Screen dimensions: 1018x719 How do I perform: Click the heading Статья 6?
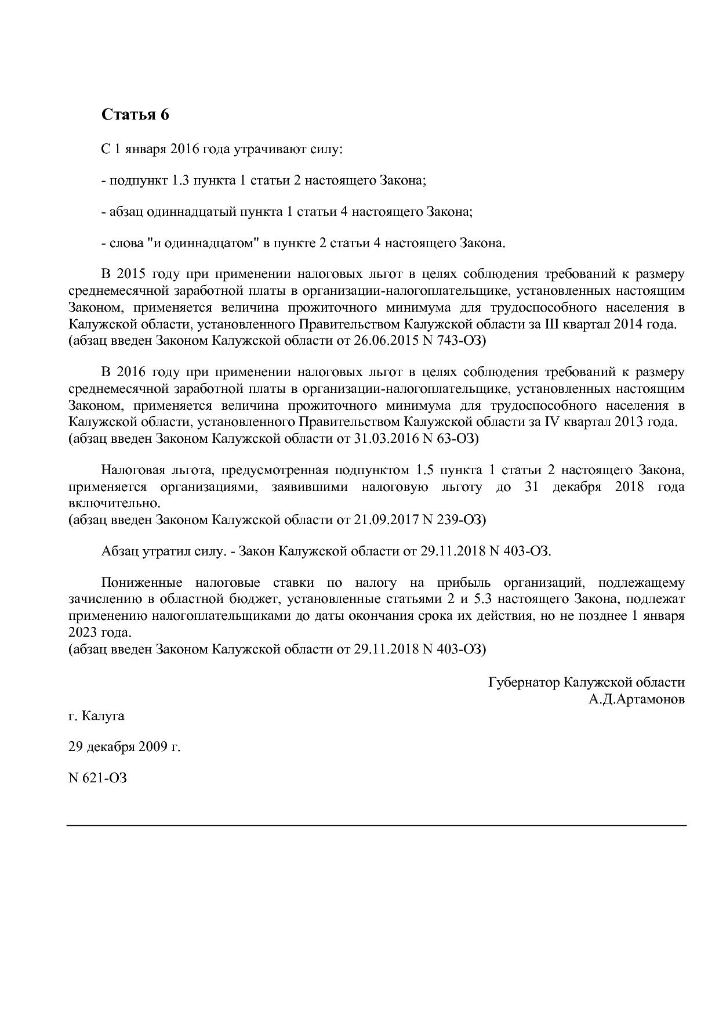pos(135,115)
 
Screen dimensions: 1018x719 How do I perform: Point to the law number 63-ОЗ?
pos(457,439)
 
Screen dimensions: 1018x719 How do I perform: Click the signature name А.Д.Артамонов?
pos(636,699)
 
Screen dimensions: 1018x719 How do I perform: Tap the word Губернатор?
pos(524,683)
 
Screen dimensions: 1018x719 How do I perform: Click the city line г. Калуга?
pos(96,716)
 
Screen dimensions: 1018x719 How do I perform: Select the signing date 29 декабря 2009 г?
pos(125,748)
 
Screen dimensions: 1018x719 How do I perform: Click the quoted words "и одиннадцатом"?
pos(204,243)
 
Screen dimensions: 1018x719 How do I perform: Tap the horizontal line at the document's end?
pos(376,825)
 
